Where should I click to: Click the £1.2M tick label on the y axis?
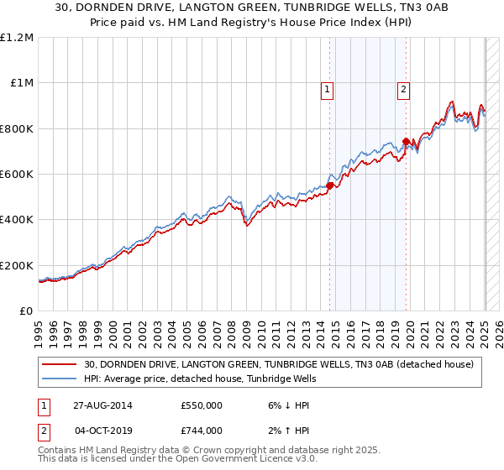coord(17,38)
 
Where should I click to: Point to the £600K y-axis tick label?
coord(17,175)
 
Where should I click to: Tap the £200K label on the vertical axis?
coord(17,265)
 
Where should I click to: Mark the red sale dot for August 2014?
coord(329,185)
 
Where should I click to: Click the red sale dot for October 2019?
coord(407,141)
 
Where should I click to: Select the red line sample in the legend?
coord(60,364)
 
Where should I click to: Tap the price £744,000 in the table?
coord(202,431)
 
